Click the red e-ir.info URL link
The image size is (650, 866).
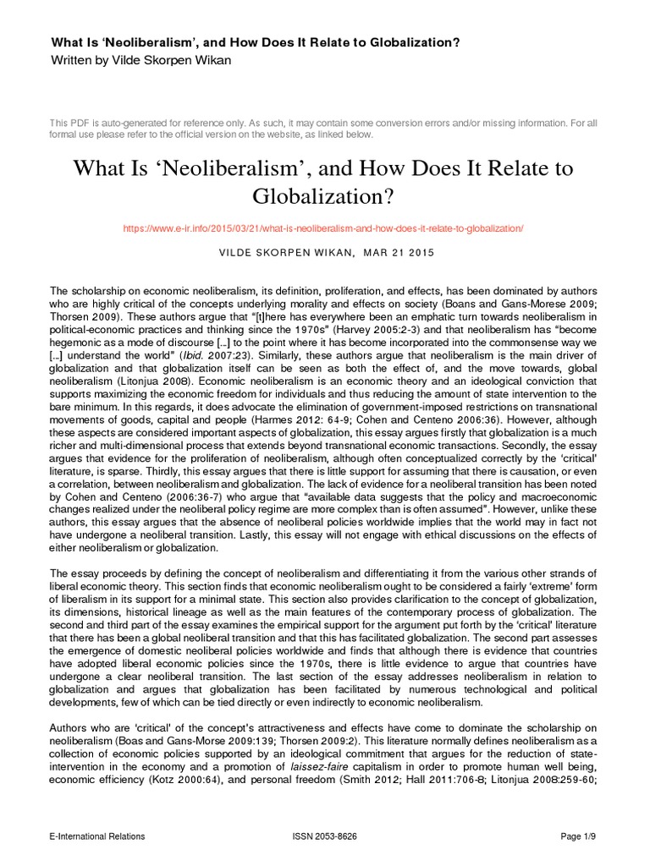tap(324, 228)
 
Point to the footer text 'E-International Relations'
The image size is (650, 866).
tap(97, 836)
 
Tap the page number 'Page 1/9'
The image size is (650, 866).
tap(579, 836)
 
